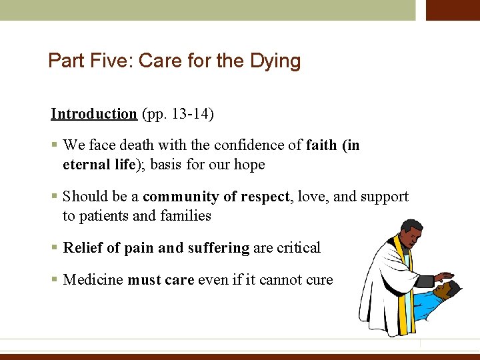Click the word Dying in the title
[x=275, y=61]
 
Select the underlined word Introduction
[x=94, y=114]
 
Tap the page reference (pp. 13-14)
[x=177, y=114]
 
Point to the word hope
[x=249, y=165]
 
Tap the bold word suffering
[x=217, y=248]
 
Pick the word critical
[x=297, y=248]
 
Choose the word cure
[x=319, y=280]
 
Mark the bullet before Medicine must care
[x=54, y=280]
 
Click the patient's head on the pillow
[x=445, y=291]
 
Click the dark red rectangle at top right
[x=453, y=10]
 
